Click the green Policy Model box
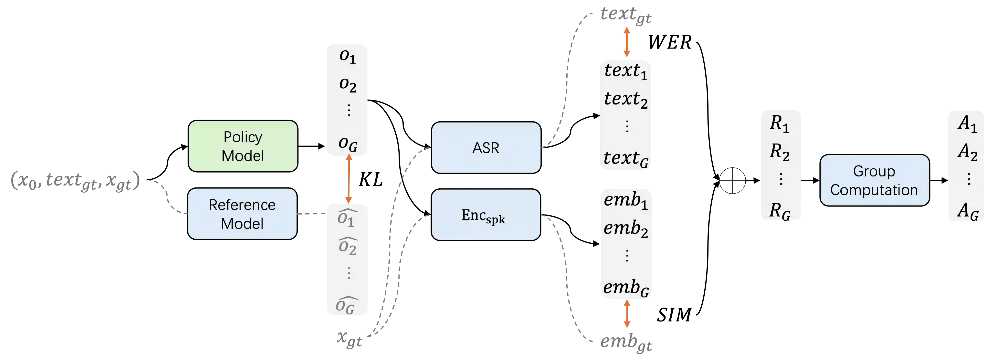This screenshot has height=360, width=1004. [x=243, y=146]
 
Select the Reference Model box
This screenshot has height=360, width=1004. [x=242, y=214]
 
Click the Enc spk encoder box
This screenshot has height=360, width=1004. [x=486, y=215]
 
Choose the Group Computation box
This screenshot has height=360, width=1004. [x=874, y=180]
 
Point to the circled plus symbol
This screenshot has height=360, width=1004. [x=732, y=180]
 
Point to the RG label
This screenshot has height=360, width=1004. [x=780, y=211]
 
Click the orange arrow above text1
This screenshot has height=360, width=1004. [x=627, y=42]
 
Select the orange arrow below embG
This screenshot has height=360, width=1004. [x=627, y=315]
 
